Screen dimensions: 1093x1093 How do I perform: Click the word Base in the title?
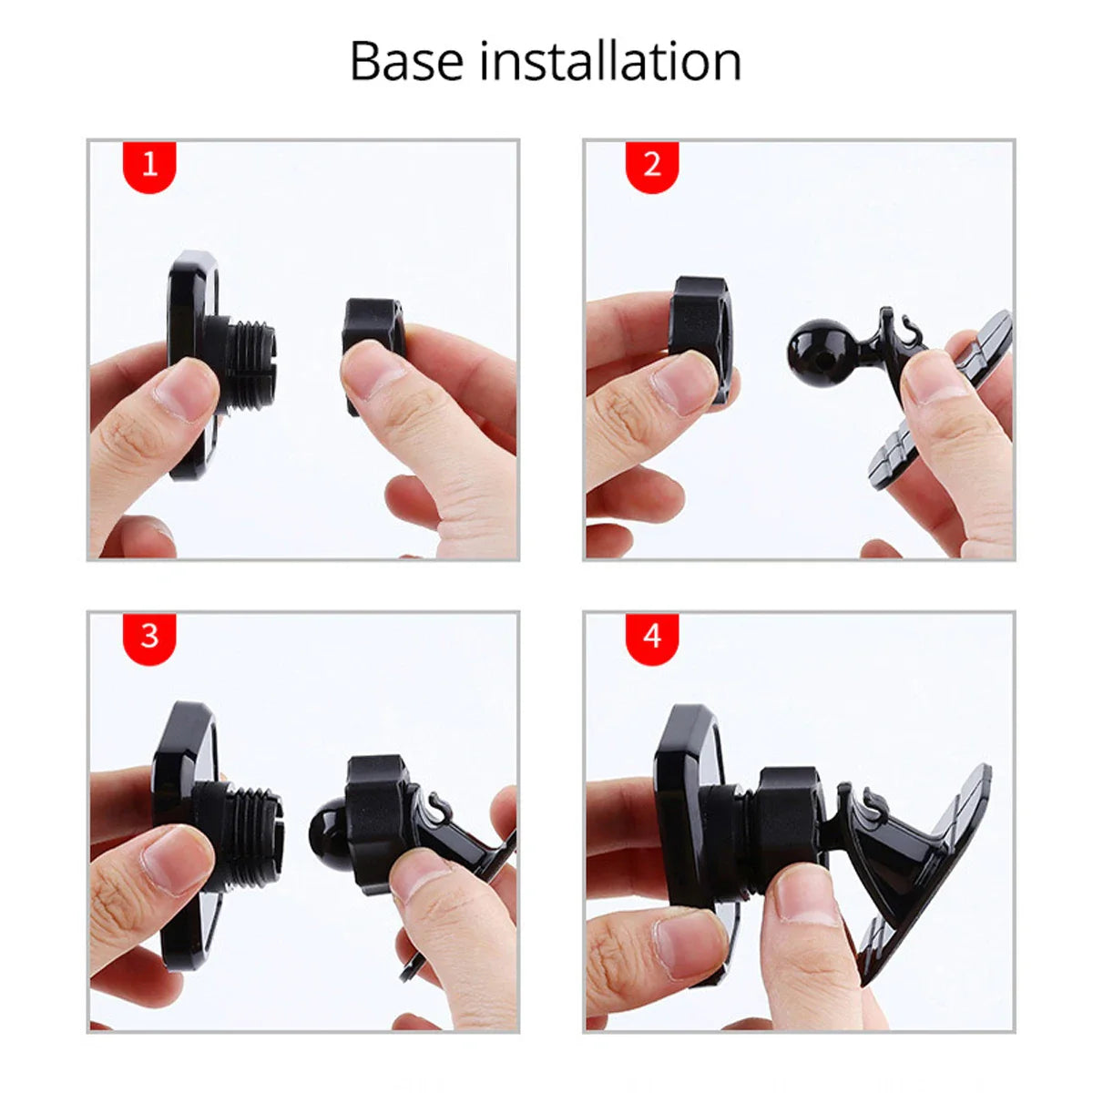pos(408,62)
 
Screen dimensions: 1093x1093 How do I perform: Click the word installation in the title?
pos(610,62)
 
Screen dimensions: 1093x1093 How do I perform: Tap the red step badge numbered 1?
pos(150,166)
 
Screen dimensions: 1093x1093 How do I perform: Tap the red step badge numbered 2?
pos(651,166)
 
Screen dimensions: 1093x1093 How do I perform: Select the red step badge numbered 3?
pos(150,635)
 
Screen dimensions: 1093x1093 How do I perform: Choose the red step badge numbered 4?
pos(651,635)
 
